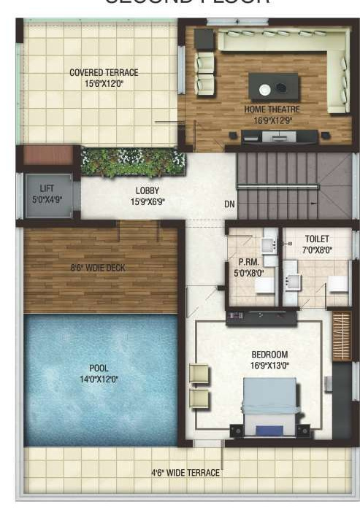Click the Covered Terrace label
(104, 72)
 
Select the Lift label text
(46, 188)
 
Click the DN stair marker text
(229, 204)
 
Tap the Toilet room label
(316, 239)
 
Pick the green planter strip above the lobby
(132, 162)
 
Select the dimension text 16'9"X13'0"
(271, 365)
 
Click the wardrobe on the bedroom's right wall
(340, 336)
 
